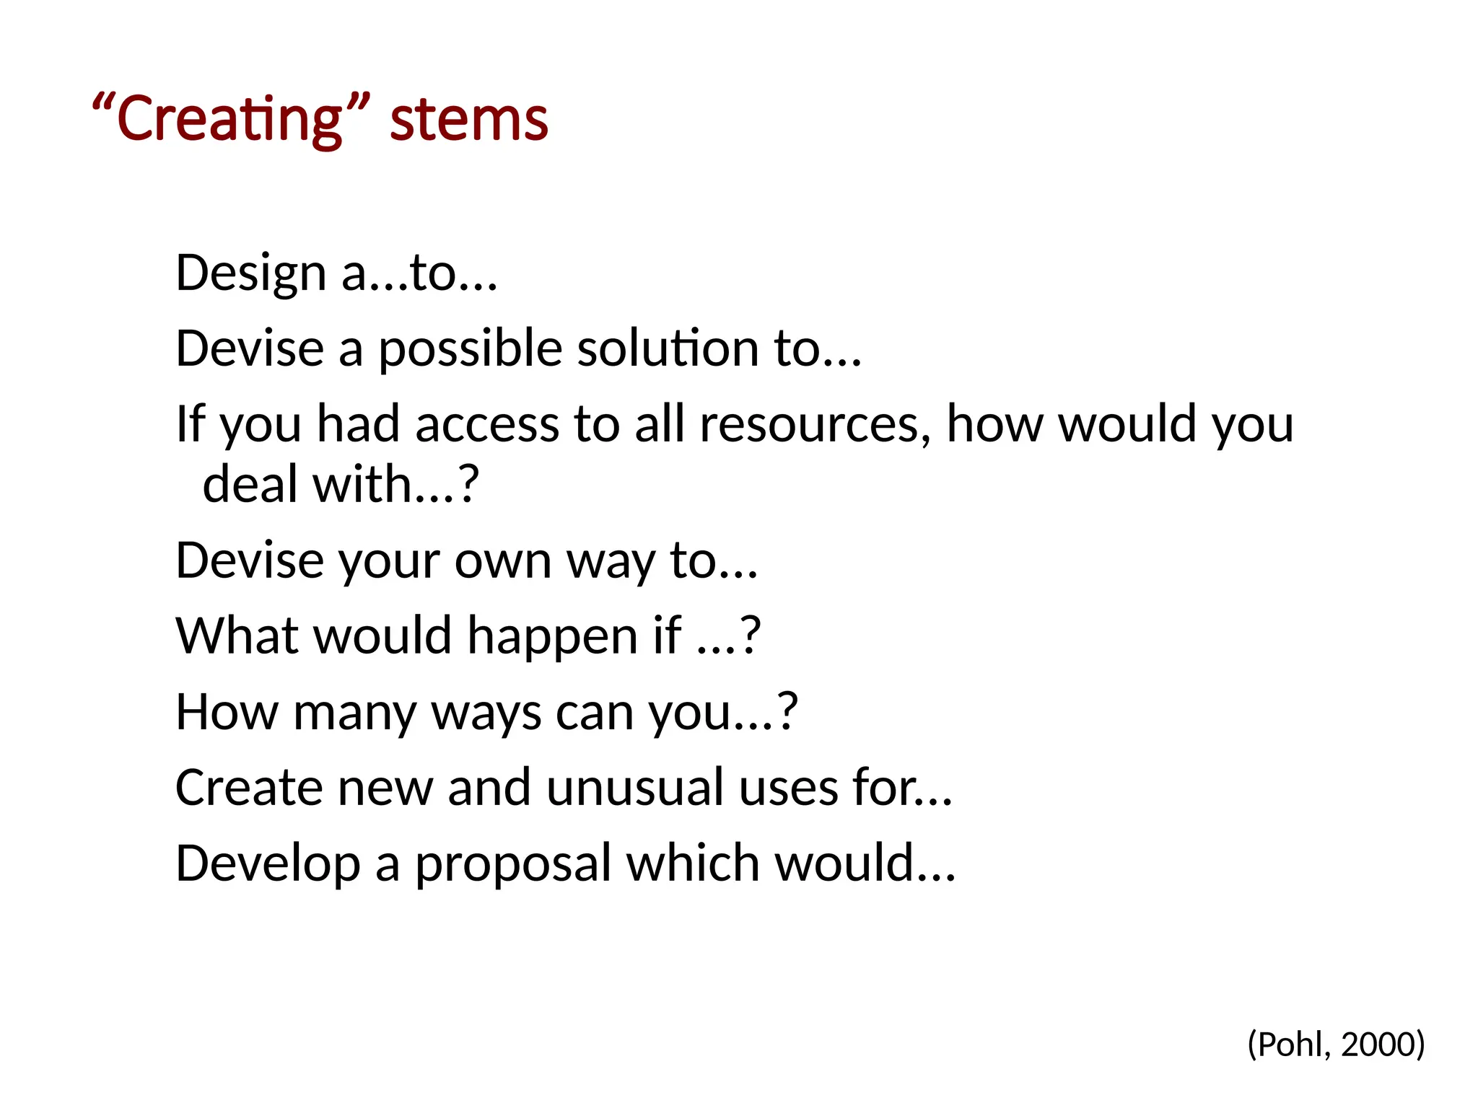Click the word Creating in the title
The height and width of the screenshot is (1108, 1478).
(x=229, y=119)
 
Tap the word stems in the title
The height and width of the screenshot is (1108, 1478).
(x=469, y=119)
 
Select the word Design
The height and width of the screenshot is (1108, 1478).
(x=250, y=274)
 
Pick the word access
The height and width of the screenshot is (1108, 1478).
(x=487, y=424)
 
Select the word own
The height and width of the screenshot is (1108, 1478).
(x=503, y=561)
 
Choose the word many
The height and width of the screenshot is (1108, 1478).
(x=355, y=713)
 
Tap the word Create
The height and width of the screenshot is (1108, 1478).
(x=248, y=788)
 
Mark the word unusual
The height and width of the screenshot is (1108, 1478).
(x=634, y=788)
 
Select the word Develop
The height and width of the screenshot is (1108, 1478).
(x=268, y=864)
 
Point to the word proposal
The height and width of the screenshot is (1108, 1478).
(x=512, y=864)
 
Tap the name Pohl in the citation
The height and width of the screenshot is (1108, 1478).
(x=1293, y=1045)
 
